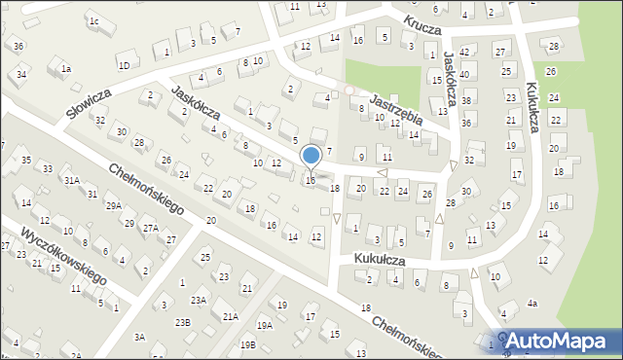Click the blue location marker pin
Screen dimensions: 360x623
pos(311,156)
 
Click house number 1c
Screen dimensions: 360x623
pos(93,20)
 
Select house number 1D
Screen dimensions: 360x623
pos(124,65)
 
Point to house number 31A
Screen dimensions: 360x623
pos(71,180)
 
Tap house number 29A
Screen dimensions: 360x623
pos(114,205)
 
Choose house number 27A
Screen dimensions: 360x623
pos(151,228)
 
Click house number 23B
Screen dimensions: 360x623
pos(182,321)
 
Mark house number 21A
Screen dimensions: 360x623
pos(230,316)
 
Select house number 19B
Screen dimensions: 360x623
pos(248,344)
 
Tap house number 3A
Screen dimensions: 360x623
pos(139,337)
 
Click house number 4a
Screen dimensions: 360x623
pos(531,304)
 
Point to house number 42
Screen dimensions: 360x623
pos(464,52)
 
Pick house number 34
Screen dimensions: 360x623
pos(21,74)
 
